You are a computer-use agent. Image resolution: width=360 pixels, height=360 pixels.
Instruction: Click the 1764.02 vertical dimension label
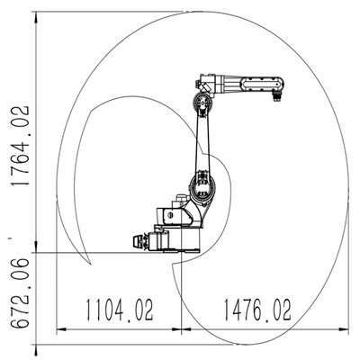click(21, 146)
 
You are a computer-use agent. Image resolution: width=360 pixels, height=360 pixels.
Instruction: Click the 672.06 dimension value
click(21, 292)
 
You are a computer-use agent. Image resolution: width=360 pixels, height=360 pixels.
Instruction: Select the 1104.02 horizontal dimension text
click(120, 310)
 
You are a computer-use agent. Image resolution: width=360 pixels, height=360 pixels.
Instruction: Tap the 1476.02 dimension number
click(257, 310)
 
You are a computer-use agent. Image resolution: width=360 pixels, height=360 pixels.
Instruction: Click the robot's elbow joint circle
click(202, 103)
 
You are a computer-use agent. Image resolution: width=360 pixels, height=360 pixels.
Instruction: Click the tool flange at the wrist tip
click(276, 97)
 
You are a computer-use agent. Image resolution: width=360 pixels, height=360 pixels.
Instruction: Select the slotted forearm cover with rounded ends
click(262, 83)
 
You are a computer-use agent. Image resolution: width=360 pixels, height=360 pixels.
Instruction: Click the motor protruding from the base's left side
click(151, 241)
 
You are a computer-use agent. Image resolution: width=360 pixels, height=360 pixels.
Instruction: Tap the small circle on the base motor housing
click(170, 215)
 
